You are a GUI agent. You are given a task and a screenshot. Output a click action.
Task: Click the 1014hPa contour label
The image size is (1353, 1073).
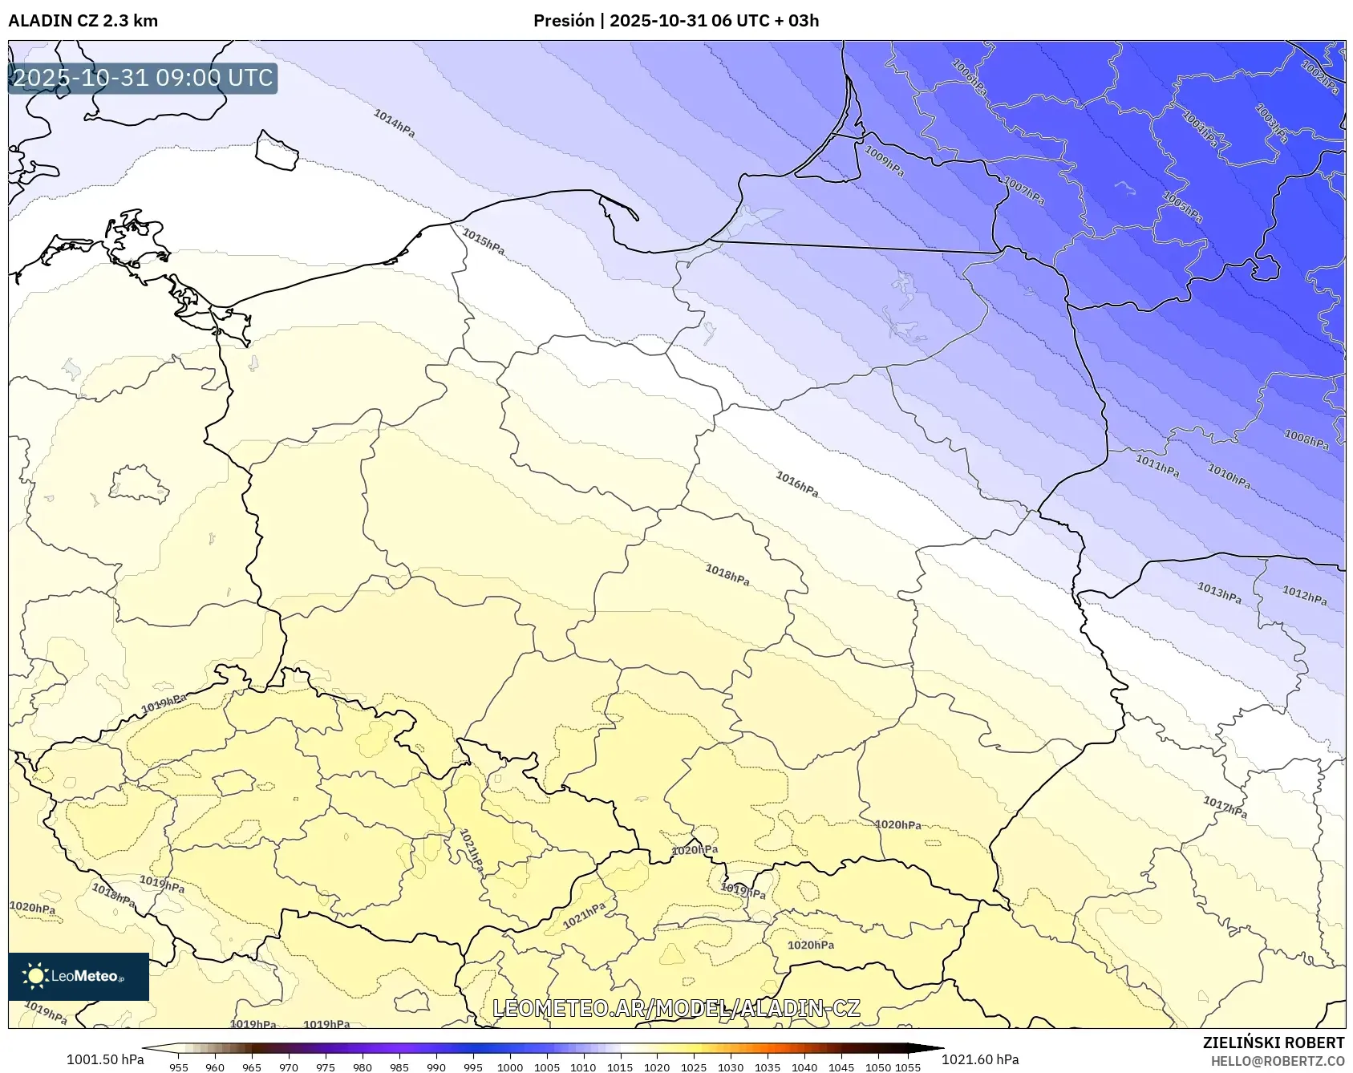pos(394,123)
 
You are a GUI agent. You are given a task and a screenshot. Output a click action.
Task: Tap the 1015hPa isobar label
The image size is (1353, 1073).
pos(484,242)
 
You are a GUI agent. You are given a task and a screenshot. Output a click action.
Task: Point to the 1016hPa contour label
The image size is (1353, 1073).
pos(796,484)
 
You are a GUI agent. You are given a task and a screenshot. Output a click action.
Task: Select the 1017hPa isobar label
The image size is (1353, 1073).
pos(1225,807)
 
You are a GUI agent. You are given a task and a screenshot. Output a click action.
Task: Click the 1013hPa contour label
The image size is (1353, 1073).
pos(1219,593)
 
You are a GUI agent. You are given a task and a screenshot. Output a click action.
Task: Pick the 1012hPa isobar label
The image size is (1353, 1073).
pos(1304,596)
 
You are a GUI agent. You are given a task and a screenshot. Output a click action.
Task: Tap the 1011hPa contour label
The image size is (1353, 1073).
pos(1157,465)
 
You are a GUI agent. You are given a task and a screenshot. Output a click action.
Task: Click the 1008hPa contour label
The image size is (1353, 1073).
pos(1306,439)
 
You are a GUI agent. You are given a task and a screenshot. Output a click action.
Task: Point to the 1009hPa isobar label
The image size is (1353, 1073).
pos(884,160)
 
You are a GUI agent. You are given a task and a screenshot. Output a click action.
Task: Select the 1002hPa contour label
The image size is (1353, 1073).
pos(1319,77)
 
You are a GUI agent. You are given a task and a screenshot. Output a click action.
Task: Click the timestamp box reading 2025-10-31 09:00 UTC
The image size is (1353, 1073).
pos(143,78)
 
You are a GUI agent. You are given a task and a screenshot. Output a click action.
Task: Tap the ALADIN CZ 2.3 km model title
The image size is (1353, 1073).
pos(83,21)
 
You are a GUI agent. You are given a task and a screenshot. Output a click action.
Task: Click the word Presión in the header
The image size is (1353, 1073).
pos(564,21)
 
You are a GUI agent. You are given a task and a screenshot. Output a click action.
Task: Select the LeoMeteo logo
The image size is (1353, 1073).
pos(79,976)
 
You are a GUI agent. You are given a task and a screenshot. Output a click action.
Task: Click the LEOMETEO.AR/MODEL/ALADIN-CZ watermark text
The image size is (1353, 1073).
pos(676,1008)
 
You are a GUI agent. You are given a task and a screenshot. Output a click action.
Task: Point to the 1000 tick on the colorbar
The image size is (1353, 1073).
pos(510,1067)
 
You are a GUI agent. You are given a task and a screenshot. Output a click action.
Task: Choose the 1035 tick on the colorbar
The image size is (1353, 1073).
pos(768,1067)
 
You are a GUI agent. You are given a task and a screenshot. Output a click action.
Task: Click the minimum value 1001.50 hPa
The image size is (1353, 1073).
pos(105,1059)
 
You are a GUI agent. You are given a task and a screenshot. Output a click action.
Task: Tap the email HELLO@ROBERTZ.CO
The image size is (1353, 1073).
pos(1277,1061)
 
